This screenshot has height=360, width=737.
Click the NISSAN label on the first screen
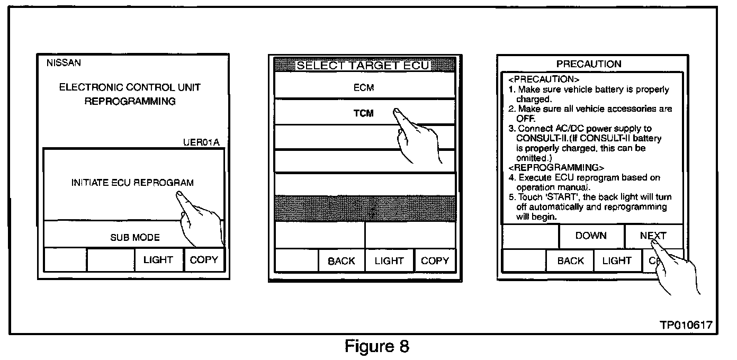point(64,63)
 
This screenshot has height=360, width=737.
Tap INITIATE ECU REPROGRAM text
point(132,183)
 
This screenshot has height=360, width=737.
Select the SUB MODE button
point(134,238)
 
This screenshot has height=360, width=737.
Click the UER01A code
point(204,142)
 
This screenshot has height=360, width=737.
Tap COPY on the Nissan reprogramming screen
point(204,259)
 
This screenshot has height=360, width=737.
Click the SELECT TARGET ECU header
point(363,66)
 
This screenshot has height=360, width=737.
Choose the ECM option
point(364,88)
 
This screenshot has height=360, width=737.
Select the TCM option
point(364,113)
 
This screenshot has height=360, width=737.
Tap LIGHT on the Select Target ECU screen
point(389,260)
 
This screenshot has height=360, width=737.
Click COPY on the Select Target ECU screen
point(435,260)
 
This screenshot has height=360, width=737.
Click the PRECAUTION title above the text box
point(589,64)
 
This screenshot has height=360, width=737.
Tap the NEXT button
point(653,236)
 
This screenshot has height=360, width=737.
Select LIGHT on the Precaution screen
point(617,260)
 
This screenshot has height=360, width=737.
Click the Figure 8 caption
point(377,347)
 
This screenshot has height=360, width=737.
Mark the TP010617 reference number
point(686,325)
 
